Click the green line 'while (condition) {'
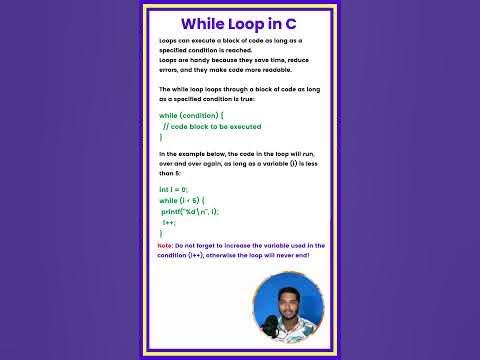coord(189,116)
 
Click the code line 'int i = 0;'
coord(175,189)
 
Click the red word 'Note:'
coord(165,245)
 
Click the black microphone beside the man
coord(268,325)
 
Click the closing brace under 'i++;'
coord(161,232)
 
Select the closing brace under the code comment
coord(161,137)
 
